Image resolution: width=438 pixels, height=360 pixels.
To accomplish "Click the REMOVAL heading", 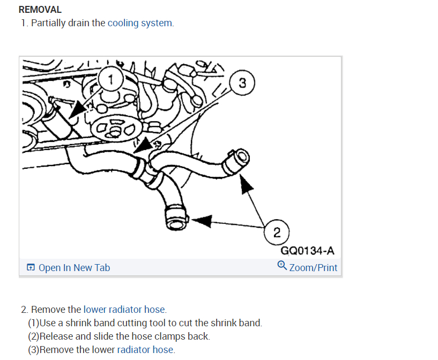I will [x=40, y=10].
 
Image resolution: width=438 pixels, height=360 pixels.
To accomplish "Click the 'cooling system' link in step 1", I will [x=140, y=23].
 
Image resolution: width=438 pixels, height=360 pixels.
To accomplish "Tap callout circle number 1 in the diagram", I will [x=111, y=81].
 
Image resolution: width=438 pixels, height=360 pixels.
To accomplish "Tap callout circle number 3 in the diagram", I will [x=242, y=83].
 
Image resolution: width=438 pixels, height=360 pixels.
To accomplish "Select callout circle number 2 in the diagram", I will [x=277, y=232].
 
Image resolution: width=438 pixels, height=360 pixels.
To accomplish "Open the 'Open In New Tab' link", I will [x=74, y=267].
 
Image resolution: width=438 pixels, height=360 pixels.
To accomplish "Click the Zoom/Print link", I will [x=313, y=267].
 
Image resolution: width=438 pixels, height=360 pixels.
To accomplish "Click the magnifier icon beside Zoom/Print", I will [x=282, y=266].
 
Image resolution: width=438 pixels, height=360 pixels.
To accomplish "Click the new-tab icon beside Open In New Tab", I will [x=31, y=267].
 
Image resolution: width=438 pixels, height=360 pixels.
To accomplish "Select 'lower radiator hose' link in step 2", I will [x=124, y=309].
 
